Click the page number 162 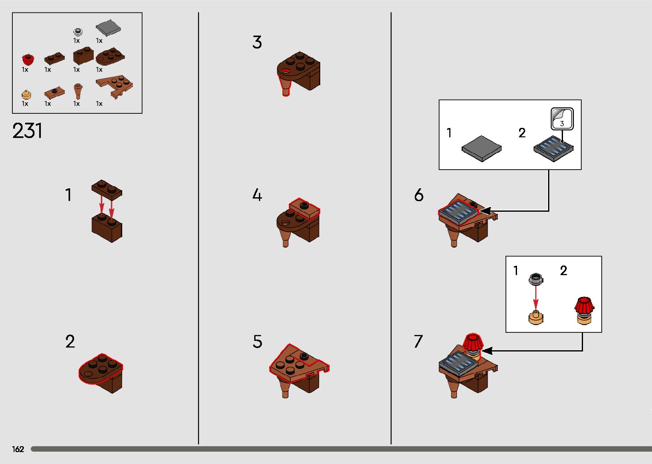click(18, 449)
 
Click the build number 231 click(27, 131)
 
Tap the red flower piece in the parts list click(28, 59)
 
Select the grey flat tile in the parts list click(108, 29)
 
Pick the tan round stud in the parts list click(26, 94)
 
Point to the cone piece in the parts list click(78, 91)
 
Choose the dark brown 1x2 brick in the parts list click(83, 56)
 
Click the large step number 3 click(257, 42)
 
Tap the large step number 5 click(257, 342)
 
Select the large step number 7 click(418, 341)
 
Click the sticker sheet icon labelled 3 click(562, 118)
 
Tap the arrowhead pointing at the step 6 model click(485, 211)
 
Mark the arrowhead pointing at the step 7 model click(487, 351)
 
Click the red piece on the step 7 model click(471, 341)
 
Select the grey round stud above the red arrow click(536, 279)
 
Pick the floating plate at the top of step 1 click(106, 189)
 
